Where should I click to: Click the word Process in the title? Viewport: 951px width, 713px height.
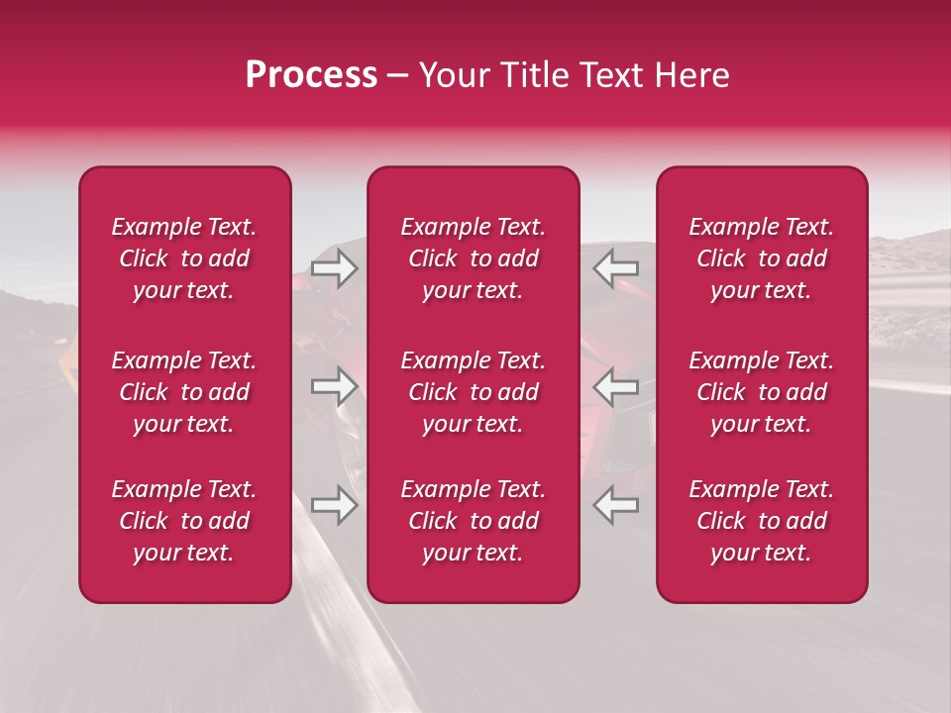[x=311, y=75]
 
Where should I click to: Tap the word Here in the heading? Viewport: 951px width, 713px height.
[x=689, y=75]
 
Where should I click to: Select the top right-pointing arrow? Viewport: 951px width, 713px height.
[x=334, y=267]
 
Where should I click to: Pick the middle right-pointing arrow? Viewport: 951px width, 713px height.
[x=334, y=386]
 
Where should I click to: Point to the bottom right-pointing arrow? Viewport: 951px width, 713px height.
[x=334, y=505]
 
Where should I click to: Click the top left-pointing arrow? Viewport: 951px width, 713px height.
[x=616, y=267]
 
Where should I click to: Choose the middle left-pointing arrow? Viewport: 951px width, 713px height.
[x=616, y=386]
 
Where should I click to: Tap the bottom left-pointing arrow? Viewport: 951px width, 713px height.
[x=616, y=505]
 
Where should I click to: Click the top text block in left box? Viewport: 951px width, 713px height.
[x=184, y=258]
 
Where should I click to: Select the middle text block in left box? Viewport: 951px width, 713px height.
[x=184, y=392]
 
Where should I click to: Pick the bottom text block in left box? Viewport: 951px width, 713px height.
[x=184, y=521]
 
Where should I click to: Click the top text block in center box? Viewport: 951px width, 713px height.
[x=473, y=258]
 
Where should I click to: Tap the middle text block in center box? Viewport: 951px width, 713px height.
[x=473, y=392]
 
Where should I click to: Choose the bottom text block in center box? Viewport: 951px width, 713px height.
[x=473, y=521]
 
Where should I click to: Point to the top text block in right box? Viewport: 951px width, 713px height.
[x=761, y=258]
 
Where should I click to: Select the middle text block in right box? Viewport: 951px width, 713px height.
[x=761, y=392]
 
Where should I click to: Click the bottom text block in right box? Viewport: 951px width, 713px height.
[x=761, y=521]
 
